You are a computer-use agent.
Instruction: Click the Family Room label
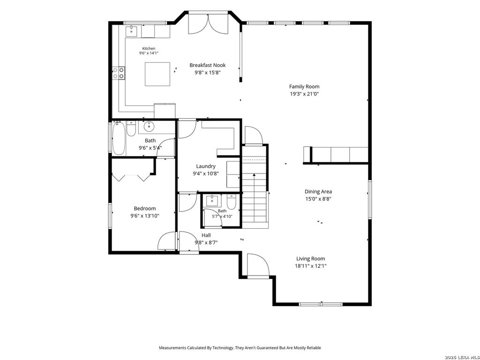coord(304,87)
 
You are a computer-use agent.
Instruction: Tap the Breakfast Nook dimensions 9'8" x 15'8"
coord(208,73)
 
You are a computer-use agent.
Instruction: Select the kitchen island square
coord(157,74)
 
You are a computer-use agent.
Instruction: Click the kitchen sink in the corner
coord(132,31)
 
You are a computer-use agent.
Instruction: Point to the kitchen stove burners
coord(119,73)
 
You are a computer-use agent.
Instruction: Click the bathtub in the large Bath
coord(119,138)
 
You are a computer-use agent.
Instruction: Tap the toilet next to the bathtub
coord(131,128)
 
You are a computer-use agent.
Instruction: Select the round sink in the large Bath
coord(149,126)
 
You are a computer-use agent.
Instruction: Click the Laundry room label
coord(206,166)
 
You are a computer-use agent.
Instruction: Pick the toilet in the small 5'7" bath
coord(232,202)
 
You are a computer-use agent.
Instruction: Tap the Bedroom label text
coord(145,209)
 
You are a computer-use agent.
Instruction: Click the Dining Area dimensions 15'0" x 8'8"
coord(318,199)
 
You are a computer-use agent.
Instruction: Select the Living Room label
coord(310,259)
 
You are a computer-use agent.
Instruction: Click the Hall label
coord(206,235)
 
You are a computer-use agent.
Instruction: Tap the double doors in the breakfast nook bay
coord(208,24)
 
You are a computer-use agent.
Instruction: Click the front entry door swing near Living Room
coord(258,265)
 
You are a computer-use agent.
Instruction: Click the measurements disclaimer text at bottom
coord(240,348)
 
